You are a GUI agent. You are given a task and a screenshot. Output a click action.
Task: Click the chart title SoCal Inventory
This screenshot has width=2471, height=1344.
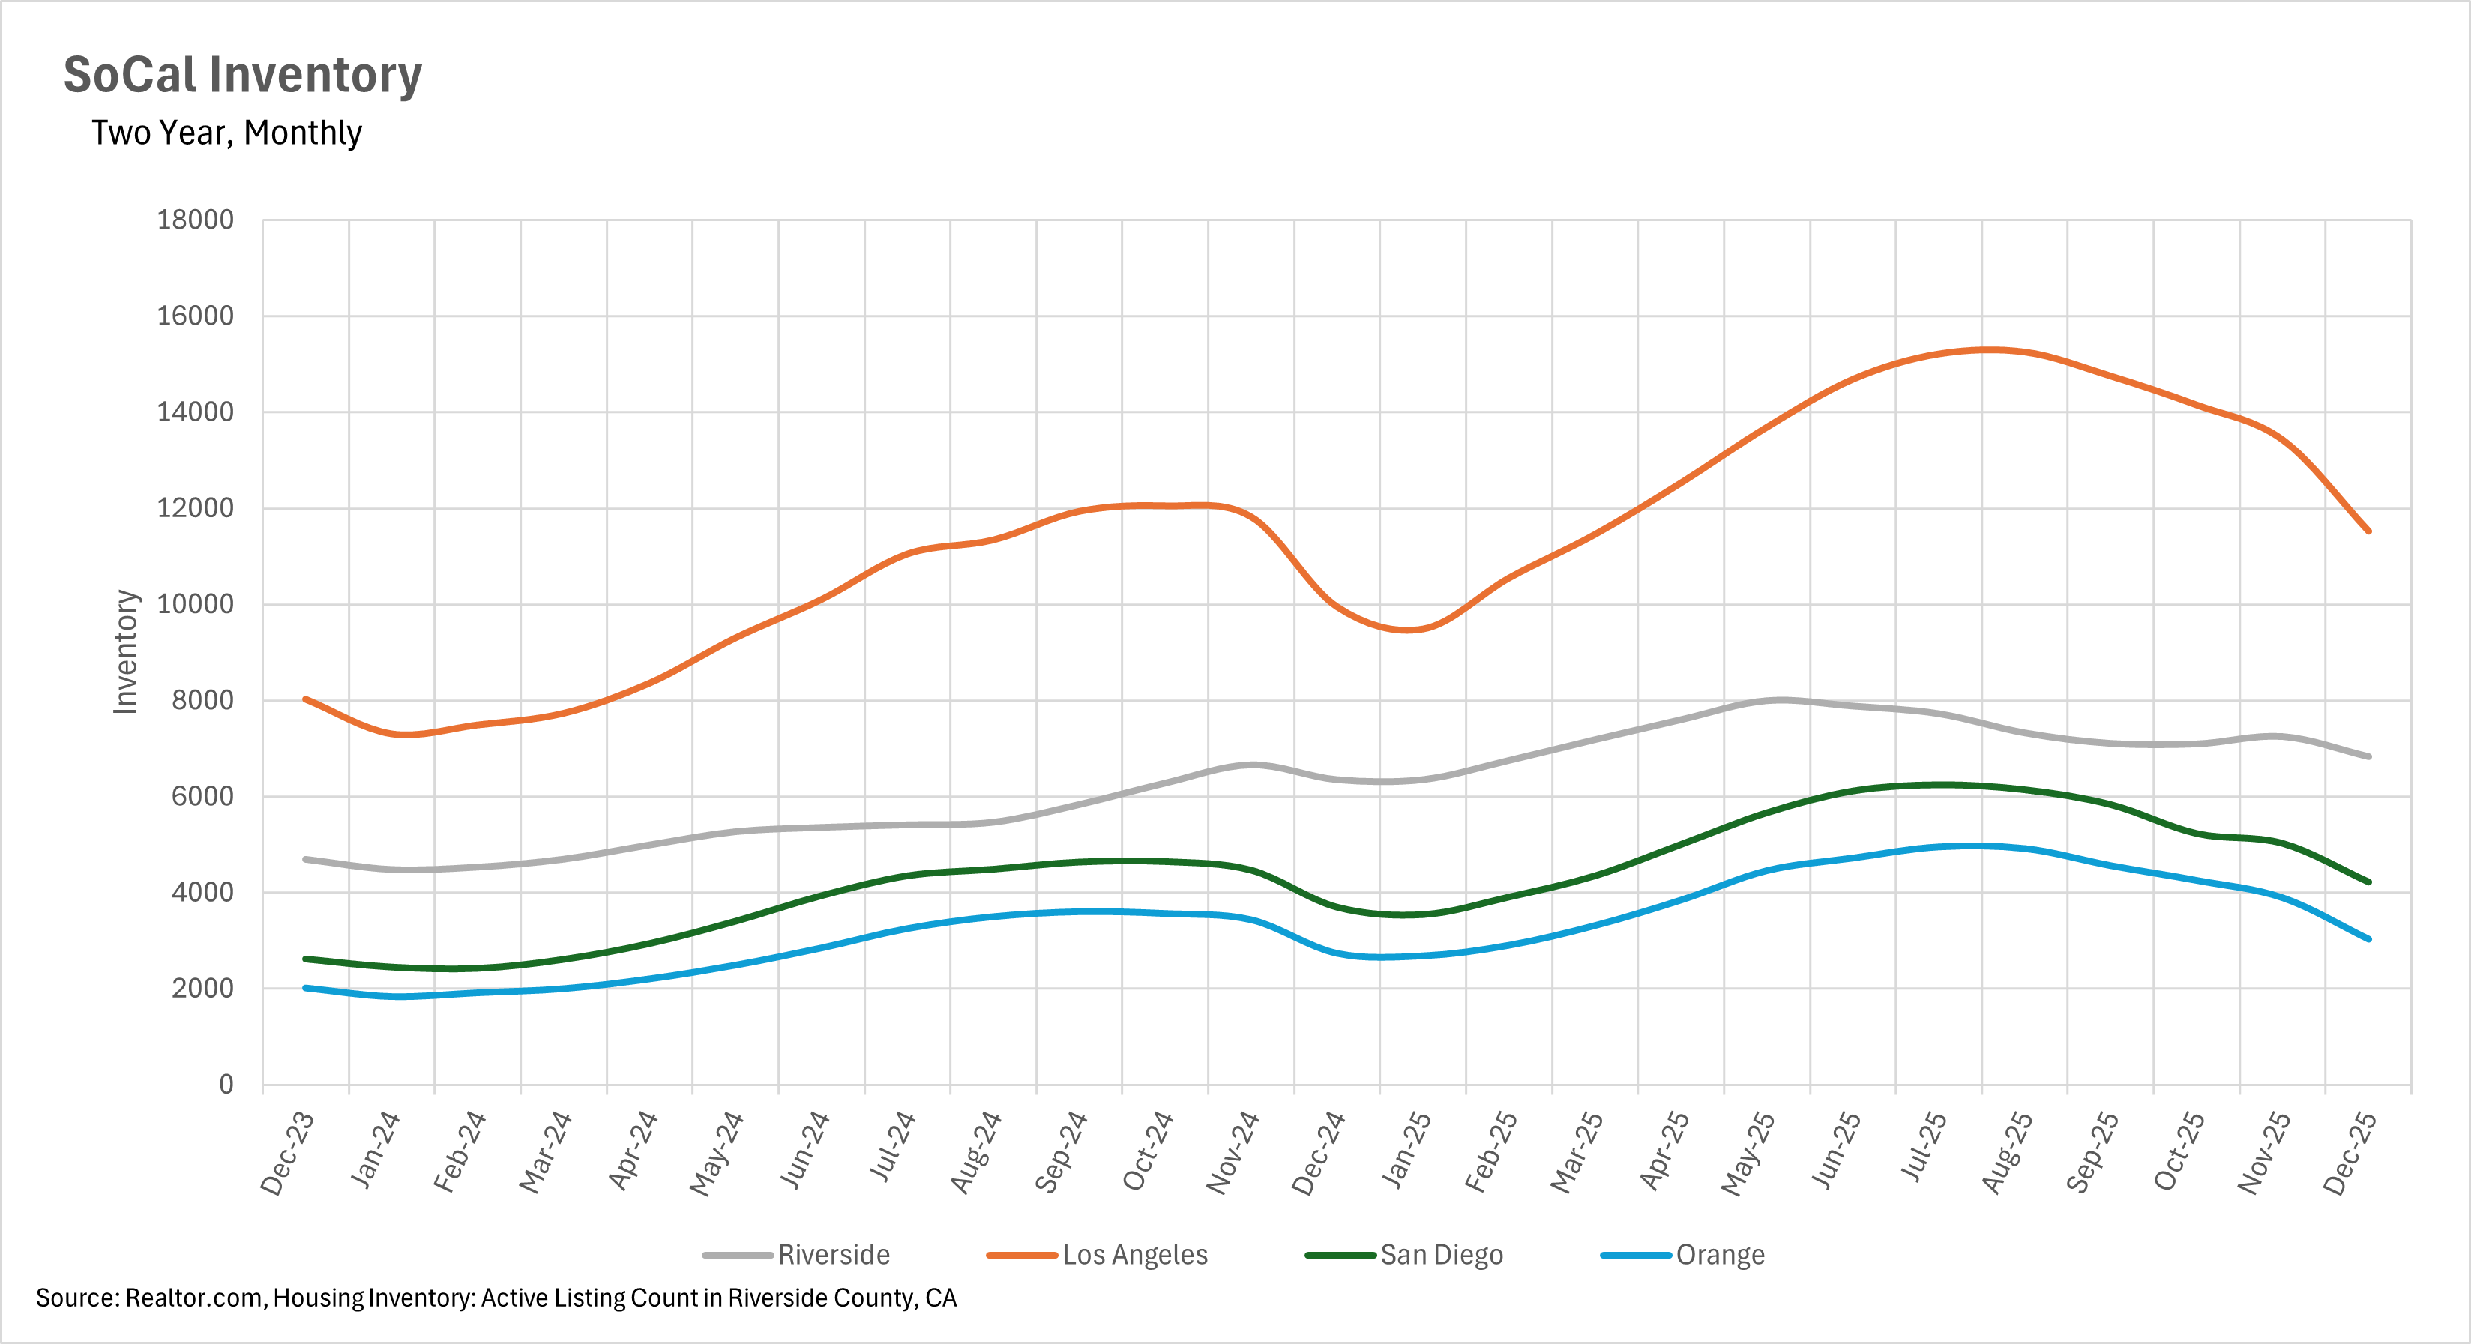243,75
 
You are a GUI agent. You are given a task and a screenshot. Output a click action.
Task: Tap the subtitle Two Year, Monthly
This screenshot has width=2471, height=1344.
226,133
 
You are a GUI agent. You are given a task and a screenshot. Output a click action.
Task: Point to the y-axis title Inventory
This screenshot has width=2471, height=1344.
126,651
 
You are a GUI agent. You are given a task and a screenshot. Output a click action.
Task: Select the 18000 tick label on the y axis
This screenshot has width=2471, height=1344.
195,220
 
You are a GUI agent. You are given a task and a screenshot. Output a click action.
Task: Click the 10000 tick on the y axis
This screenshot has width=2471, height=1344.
195,604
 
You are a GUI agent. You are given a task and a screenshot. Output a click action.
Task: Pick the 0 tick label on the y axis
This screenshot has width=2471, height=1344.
226,1084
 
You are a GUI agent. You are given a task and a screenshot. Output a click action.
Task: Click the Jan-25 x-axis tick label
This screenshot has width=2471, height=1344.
1406,1149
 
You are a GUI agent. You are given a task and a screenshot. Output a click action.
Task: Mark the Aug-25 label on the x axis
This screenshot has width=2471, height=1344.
2007,1152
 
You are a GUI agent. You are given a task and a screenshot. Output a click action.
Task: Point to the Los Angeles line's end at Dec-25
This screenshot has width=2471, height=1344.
2368,531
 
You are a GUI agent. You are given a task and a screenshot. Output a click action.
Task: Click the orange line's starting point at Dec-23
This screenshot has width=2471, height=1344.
305,699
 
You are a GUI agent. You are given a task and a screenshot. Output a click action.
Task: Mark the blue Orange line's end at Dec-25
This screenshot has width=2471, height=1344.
2368,939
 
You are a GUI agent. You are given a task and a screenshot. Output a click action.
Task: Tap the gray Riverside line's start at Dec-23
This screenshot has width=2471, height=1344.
305,858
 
